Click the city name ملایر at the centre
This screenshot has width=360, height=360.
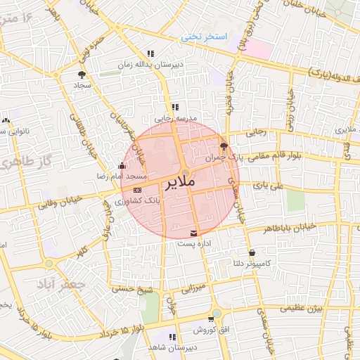coord(182,185)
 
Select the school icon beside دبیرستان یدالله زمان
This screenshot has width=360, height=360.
coord(150,54)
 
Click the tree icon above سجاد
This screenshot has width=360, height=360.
coord(82,75)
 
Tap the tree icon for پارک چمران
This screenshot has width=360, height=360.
coord(224,147)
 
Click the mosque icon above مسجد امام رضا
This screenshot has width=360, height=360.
coord(122,167)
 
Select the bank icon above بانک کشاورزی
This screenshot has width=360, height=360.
coord(136,190)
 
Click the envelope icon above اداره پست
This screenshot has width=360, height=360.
coord(193,233)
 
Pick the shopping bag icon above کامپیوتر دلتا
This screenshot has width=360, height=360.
coord(252,252)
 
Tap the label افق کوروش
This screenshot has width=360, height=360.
coord(210,329)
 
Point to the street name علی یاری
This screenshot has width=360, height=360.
coord(270,186)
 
